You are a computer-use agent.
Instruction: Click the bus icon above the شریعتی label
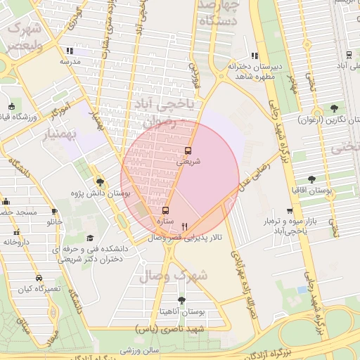[188, 150]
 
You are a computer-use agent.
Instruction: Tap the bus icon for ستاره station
[165, 210]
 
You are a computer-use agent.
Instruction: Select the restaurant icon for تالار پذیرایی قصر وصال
[184, 226]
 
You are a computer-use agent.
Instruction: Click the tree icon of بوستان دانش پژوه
[100, 181]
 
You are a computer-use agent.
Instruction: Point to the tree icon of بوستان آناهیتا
[181, 300]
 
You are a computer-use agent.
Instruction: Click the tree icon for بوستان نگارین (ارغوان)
[333, 108]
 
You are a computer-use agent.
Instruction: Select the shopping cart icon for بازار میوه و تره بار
[289, 211]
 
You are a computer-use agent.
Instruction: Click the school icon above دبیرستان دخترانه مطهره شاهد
[255, 56]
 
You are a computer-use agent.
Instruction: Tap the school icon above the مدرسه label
[68, 51]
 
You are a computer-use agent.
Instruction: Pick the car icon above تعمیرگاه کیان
[38, 278]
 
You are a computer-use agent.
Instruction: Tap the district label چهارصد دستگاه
[219, 12]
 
